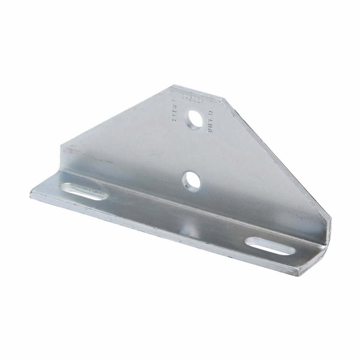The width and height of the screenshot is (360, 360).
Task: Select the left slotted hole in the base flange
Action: coord(83,191)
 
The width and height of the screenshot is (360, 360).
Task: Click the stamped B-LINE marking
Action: coord(208,122)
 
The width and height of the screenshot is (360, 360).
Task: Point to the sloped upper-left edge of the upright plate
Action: coord(115,115)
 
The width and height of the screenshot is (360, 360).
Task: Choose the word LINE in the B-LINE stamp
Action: coord(208,127)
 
